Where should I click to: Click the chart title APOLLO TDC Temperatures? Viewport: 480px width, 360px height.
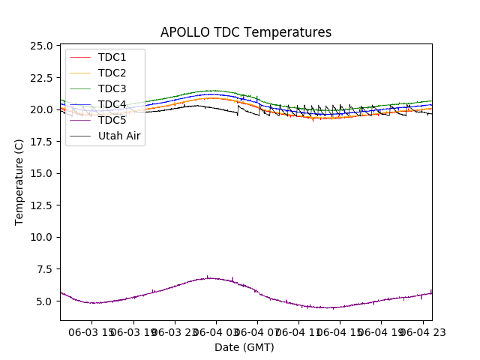(245, 32)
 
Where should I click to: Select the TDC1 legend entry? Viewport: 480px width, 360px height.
(112, 57)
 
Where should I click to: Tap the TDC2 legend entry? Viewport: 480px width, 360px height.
(112, 73)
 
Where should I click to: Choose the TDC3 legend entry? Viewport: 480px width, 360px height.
(112, 88)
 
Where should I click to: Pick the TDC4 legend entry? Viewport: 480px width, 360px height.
(112, 104)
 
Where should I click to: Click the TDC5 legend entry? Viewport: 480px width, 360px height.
(112, 120)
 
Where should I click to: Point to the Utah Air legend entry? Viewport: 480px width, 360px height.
(119, 136)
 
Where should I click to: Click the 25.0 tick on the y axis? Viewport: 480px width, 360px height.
(40, 46)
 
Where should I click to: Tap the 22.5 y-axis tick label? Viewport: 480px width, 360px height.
(40, 78)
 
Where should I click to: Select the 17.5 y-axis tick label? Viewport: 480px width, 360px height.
(40, 142)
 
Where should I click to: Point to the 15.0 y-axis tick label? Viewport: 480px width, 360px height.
(40, 173)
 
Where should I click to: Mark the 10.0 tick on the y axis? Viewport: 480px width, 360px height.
(40, 237)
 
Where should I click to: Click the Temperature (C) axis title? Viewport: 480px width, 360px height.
(19, 181)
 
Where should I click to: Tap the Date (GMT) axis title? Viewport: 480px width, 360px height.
(244, 347)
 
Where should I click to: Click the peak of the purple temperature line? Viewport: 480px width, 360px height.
(208, 277)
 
